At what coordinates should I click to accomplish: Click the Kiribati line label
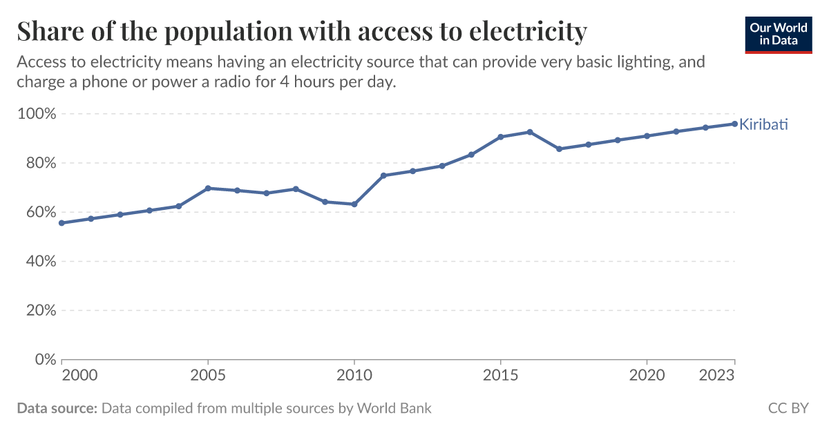click(763, 125)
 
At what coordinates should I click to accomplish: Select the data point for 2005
click(208, 188)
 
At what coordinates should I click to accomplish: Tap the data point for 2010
click(354, 204)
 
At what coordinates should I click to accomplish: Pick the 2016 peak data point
click(530, 132)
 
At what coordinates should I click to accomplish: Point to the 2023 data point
click(734, 124)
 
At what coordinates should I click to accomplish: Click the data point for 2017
click(559, 148)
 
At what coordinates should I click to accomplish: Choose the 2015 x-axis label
click(500, 376)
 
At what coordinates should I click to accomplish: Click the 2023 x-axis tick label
click(718, 376)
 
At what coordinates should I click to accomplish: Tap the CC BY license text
click(788, 408)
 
